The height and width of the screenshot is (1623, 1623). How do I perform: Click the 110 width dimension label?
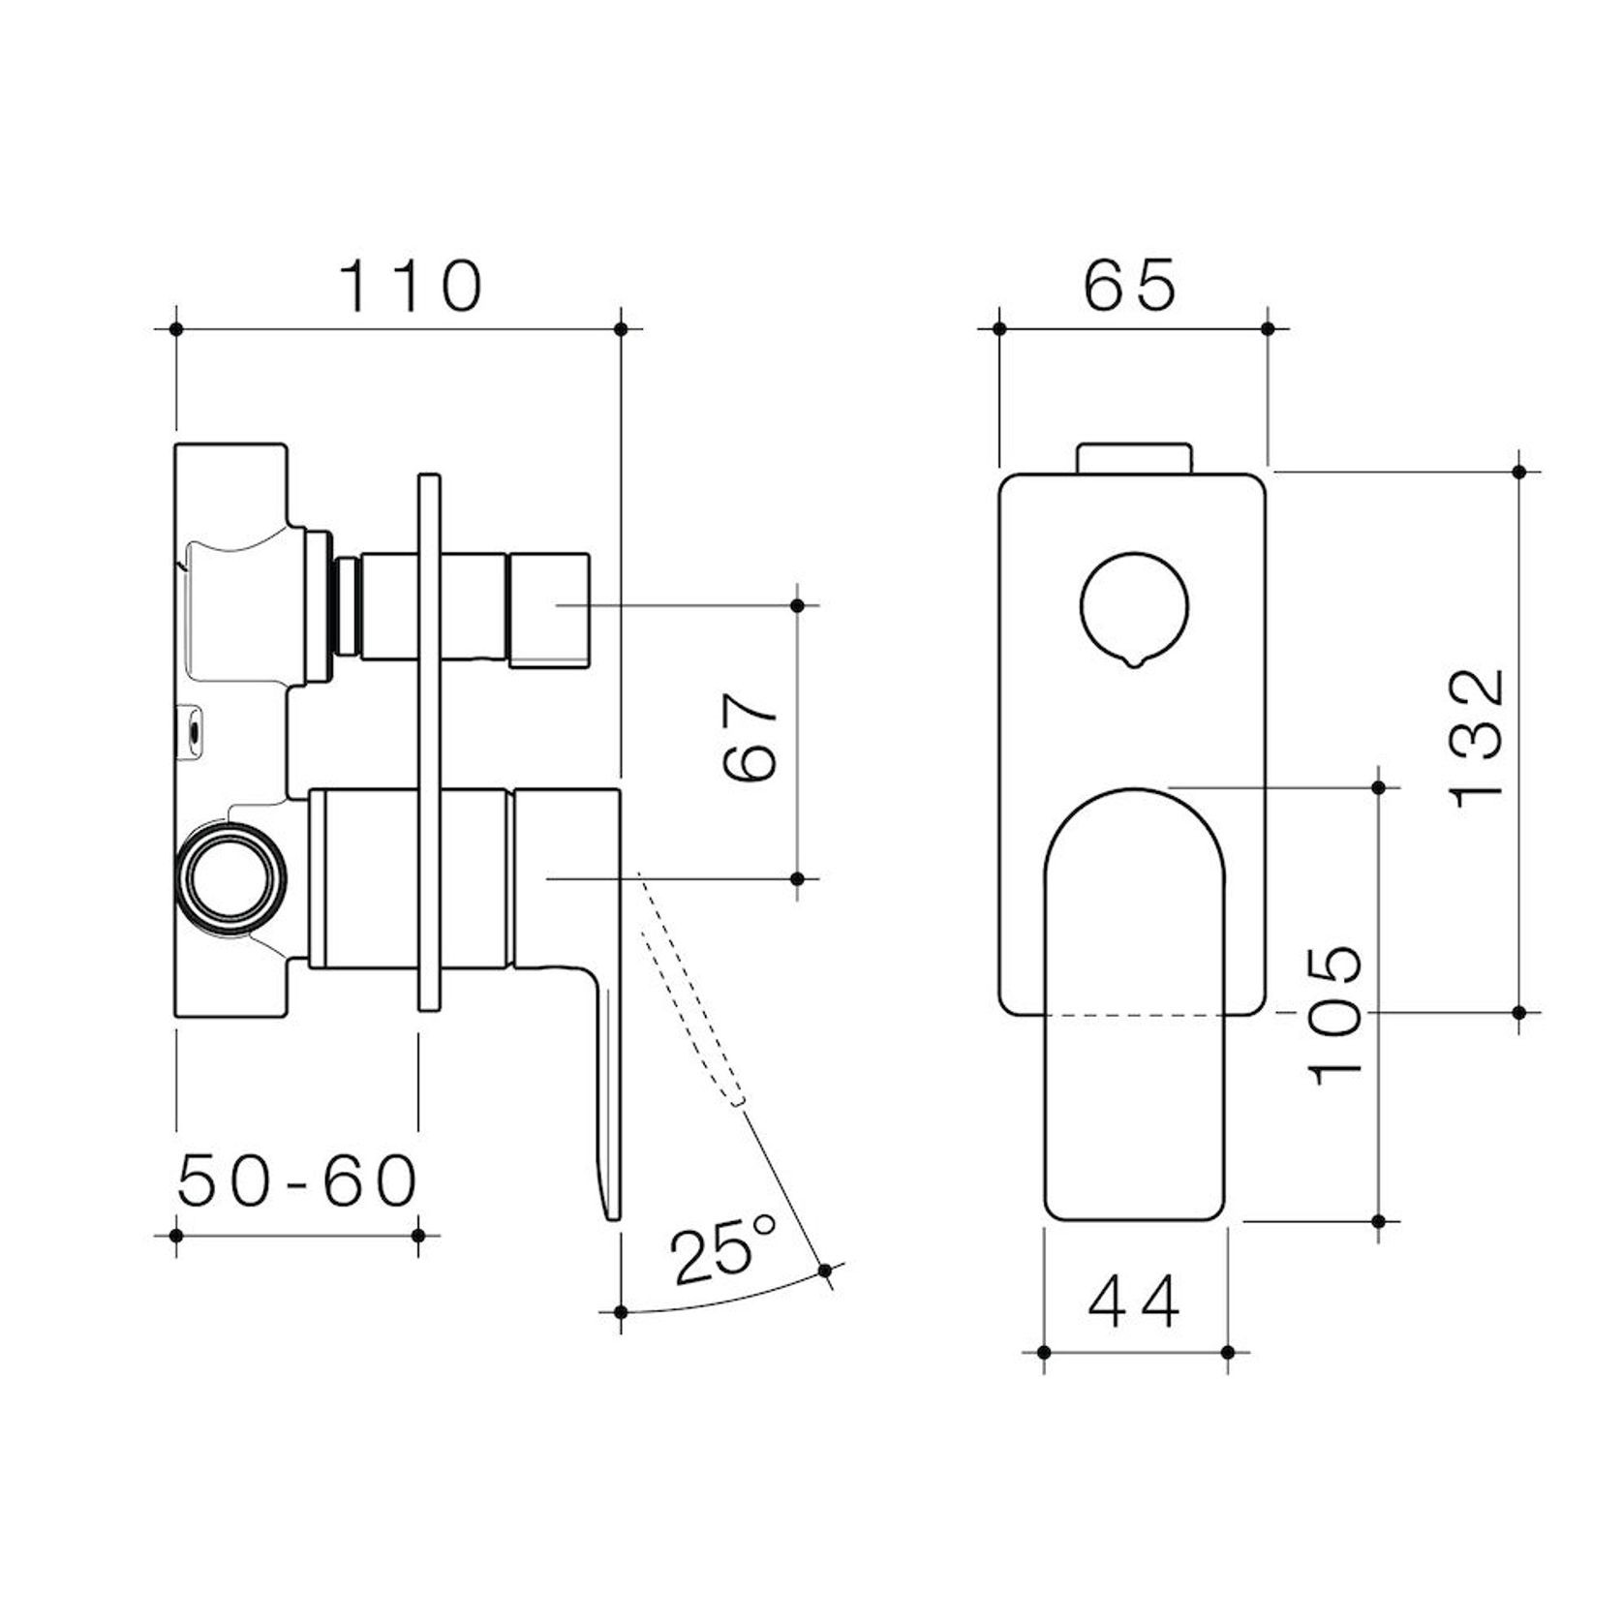click(x=410, y=286)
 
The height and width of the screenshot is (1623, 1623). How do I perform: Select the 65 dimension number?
click(x=1129, y=286)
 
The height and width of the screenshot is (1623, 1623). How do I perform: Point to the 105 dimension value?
click(x=1335, y=1014)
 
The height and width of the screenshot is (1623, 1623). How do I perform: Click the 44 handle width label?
click(x=1134, y=1302)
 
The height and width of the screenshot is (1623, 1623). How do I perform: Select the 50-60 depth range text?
click(x=297, y=1181)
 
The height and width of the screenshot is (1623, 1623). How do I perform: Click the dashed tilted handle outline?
click(x=690, y=988)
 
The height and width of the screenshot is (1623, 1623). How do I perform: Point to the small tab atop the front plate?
click(x=1134, y=458)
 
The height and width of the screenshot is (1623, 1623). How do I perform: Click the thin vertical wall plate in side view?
click(x=428, y=741)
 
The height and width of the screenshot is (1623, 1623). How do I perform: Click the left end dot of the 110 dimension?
click(x=176, y=329)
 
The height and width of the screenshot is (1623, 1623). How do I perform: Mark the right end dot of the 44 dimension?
click(x=1228, y=1352)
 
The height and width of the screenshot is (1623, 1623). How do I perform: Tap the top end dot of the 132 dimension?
click(x=1518, y=472)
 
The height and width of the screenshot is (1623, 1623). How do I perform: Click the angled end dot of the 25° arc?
click(x=825, y=1271)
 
